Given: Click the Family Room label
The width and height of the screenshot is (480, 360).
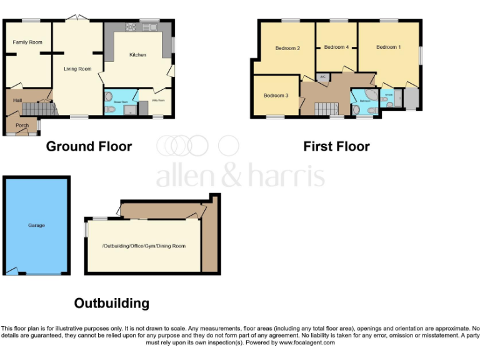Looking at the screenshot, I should coord(27,42).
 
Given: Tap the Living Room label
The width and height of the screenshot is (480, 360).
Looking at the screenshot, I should coord(77,69).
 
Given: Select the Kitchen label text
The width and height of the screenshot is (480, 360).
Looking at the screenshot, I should coord(137,55).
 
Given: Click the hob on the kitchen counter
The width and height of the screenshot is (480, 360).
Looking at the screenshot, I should coord(131,27).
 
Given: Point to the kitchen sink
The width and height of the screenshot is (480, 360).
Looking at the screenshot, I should coord(150,27).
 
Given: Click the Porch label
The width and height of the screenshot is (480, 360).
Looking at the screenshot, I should coord(22,126).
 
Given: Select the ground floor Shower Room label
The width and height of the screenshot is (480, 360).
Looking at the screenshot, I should coord(121,99).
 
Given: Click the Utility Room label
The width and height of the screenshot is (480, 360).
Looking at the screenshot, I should coord(157,100).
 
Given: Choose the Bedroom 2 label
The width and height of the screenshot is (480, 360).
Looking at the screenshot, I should coord(287,48).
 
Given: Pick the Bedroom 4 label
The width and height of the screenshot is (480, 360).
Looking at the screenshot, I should coord(336,47).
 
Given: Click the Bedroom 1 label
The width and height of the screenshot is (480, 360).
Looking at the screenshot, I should coord(388,47).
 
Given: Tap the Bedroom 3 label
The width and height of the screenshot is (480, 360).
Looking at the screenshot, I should coord(276,96).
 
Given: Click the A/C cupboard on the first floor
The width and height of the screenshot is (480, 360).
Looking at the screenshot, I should coord(322,77).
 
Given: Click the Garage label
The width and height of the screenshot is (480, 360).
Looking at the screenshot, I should coord(36,225).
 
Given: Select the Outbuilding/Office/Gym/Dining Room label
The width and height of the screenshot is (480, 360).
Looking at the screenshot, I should coord(144,246).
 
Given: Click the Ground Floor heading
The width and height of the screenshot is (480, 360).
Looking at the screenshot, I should coord(89,146).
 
